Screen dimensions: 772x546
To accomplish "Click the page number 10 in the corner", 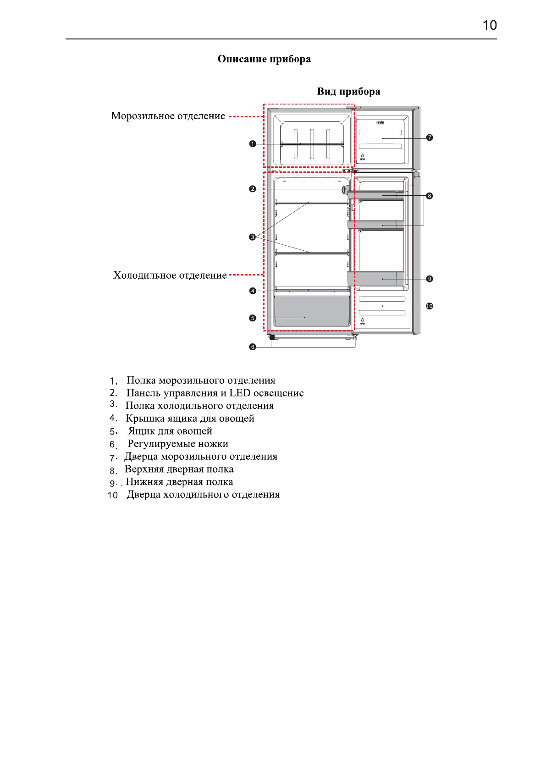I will pyautogui.click(x=490, y=25).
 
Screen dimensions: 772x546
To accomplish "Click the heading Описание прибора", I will pyautogui.click(x=264, y=59).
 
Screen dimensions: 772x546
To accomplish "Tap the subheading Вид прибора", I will pyautogui.click(x=348, y=92).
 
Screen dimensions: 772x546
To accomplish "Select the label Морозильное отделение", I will pyautogui.click(x=168, y=116).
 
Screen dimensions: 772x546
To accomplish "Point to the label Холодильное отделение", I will pyautogui.click(x=170, y=276).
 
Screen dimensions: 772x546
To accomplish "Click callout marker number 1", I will pyautogui.click(x=253, y=144).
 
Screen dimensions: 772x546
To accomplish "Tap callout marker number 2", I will pyautogui.click(x=253, y=189).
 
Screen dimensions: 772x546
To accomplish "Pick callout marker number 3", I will pyautogui.click(x=253, y=237).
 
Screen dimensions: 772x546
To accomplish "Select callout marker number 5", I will pyautogui.click(x=253, y=318).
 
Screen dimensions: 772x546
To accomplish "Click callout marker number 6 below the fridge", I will pyautogui.click(x=253, y=347).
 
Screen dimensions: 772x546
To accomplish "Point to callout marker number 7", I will pyautogui.click(x=430, y=138).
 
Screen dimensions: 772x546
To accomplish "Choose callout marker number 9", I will pyautogui.click(x=430, y=279).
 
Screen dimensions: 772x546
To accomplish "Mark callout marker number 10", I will pyautogui.click(x=430, y=306).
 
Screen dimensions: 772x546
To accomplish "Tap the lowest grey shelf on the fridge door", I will pyautogui.click(x=376, y=278).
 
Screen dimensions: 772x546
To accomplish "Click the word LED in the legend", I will pyautogui.click(x=240, y=393).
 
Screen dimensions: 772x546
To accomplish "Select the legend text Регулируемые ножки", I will pyautogui.click(x=178, y=444).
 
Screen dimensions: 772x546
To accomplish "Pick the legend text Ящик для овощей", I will pyautogui.click(x=170, y=431).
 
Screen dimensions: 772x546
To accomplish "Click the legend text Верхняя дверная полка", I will pyautogui.click(x=179, y=469).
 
